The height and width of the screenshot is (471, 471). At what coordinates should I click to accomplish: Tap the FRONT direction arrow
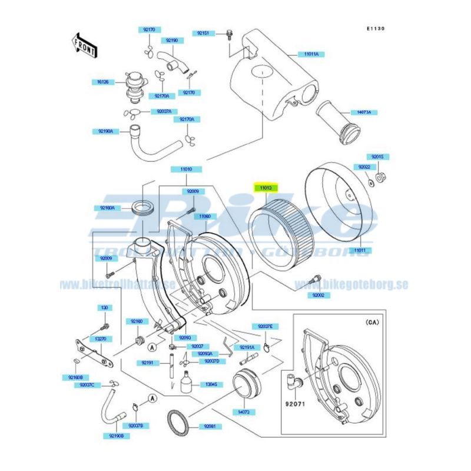[x=83, y=45]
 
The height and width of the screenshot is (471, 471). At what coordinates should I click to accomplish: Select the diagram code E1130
[x=375, y=28]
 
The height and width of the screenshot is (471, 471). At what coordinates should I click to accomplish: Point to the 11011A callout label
[x=311, y=54]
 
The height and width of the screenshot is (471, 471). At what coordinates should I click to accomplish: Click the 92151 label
[x=203, y=33]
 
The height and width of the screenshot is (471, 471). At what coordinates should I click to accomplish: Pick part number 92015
[x=377, y=157]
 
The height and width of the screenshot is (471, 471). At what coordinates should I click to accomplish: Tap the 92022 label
[x=364, y=167]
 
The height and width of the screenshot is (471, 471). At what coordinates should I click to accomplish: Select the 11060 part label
[x=204, y=216]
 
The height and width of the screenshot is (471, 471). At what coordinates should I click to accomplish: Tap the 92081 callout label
[x=210, y=426]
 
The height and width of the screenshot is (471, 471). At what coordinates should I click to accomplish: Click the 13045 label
[x=211, y=384]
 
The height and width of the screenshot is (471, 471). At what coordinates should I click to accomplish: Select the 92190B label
[x=116, y=436]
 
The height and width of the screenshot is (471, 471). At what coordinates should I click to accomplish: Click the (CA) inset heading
[x=373, y=323]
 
